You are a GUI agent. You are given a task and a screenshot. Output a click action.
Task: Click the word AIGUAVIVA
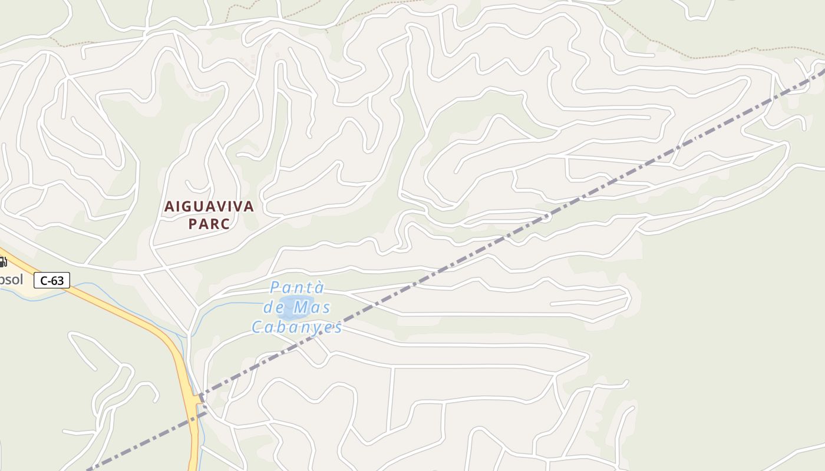tap(209, 207)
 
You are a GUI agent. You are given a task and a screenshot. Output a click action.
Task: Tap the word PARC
tap(209, 224)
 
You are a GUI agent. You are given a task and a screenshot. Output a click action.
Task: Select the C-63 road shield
tap(52, 280)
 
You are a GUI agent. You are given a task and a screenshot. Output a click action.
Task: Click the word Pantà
tap(297, 287)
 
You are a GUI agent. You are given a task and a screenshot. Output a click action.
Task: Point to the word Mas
tap(312, 307)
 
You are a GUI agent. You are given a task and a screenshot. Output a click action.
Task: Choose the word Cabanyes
tap(297, 327)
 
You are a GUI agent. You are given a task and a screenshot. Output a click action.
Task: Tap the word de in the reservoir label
tap(275, 307)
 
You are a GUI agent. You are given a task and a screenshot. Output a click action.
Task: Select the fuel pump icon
tap(3, 262)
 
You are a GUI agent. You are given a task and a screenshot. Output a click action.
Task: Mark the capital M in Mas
tap(302, 307)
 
